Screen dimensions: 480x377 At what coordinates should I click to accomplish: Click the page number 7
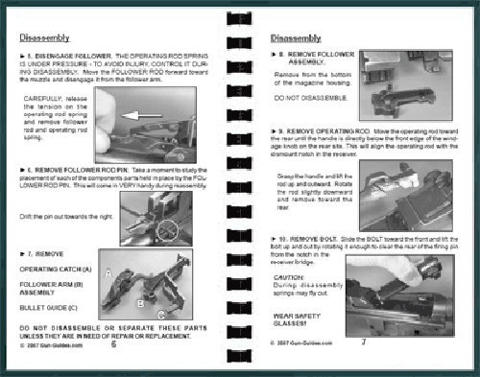363,342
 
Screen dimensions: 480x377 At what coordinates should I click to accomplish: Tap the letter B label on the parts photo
140,303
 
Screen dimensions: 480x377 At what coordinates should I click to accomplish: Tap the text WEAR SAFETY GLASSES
295,318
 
